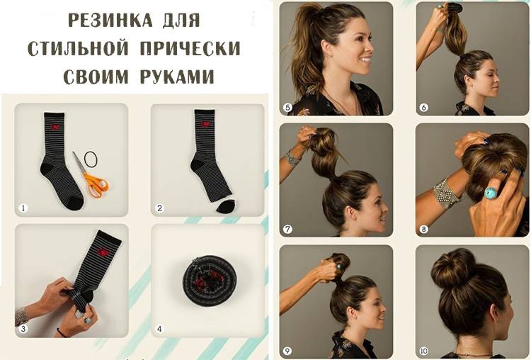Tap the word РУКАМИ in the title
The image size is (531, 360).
[177, 77]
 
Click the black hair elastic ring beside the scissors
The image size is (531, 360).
[91, 159]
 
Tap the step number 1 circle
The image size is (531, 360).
[23, 208]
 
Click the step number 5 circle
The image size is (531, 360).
[287, 108]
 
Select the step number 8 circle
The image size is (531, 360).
[423, 229]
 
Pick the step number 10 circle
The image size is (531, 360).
[423, 351]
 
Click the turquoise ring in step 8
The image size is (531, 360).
[490, 194]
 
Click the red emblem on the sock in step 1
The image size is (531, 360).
[55, 127]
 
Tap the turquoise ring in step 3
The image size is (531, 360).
[87, 320]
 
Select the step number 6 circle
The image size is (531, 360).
[423, 108]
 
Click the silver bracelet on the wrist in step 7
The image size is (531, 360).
[292, 157]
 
